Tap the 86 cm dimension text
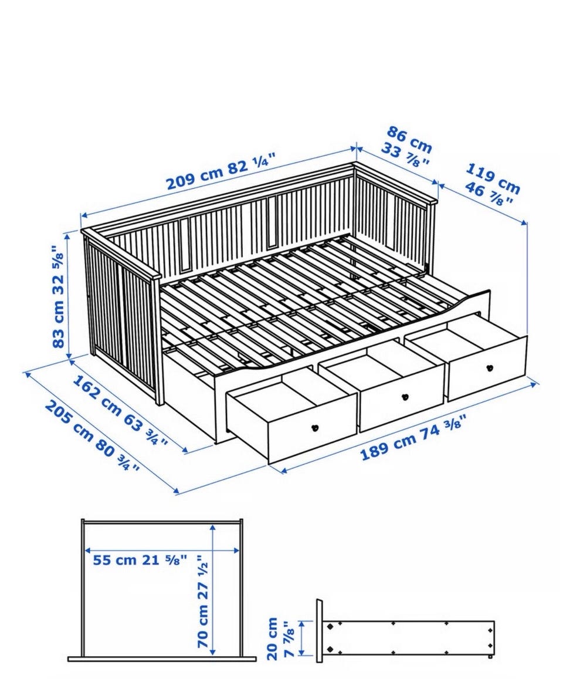409,140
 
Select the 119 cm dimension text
493,178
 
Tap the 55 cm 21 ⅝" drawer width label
140,560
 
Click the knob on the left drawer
316,428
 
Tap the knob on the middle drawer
405,397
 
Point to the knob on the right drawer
490,367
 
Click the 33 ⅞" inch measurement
405,155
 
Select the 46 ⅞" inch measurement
490,195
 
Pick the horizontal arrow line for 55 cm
162,550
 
